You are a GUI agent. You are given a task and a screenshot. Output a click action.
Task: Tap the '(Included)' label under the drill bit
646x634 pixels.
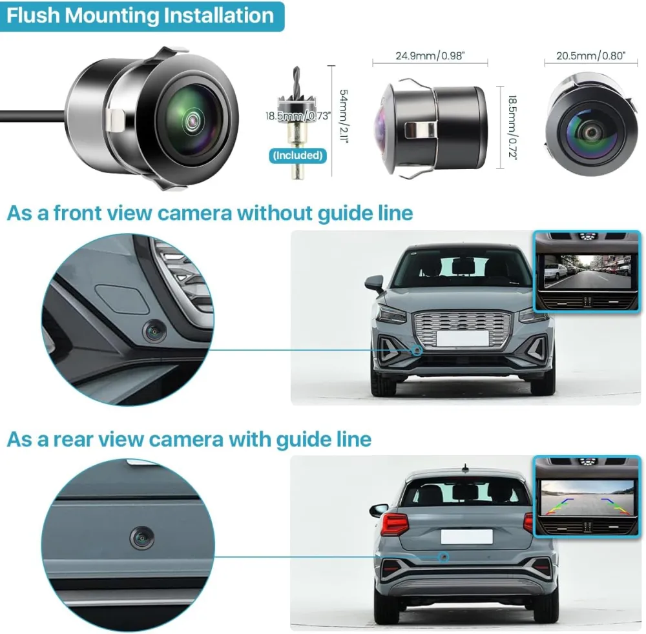(297, 155)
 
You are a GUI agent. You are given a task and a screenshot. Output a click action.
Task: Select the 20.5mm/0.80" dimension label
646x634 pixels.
(591, 56)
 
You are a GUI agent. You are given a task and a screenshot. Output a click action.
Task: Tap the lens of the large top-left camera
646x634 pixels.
(193, 120)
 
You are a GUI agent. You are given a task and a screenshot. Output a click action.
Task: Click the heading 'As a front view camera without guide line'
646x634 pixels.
(209, 212)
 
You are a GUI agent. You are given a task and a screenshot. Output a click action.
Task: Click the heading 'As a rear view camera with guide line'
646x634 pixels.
(189, 440)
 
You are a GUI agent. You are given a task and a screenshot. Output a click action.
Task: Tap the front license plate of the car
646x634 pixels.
(463, 339)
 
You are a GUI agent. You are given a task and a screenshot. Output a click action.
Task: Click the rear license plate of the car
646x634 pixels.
(466, 536)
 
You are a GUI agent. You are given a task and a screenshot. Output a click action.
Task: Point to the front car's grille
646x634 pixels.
(462, 323)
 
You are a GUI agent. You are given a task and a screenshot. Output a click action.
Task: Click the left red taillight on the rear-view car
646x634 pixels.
(395, 524)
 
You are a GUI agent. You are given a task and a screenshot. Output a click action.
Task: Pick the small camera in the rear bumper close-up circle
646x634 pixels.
(140, 537)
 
